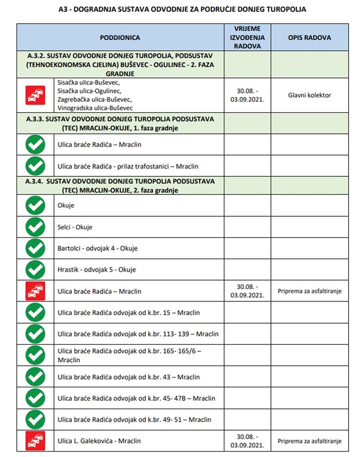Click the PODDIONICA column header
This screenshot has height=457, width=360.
click(x=120, y=37)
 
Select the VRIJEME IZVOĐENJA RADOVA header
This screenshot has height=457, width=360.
click(x=247, y=37)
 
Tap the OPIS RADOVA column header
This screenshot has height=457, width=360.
click(x=309, y=37)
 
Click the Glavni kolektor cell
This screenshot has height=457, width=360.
click(x=309, y=95)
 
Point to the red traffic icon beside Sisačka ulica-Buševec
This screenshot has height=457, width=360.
click(x=35, y=95)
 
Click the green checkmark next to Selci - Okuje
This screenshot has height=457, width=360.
click(x=35, y=227)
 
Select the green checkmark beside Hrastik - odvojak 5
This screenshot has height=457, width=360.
click(x=35, y=269)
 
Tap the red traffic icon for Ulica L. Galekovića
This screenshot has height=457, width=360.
click(x=35, y=441)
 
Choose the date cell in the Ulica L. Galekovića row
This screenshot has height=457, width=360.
click(x=247, y=441)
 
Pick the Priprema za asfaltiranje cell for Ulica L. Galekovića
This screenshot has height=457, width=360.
click(x=309, y=441)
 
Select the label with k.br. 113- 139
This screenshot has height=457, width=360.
click(x=138, y=334)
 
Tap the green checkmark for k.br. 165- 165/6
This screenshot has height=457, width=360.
click(x=35, y=355)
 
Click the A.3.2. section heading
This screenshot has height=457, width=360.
click(x=120, y=65)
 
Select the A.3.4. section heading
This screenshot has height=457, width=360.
click(x=120, y=185)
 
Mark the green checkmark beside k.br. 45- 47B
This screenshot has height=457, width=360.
click(x=35, y=398)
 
